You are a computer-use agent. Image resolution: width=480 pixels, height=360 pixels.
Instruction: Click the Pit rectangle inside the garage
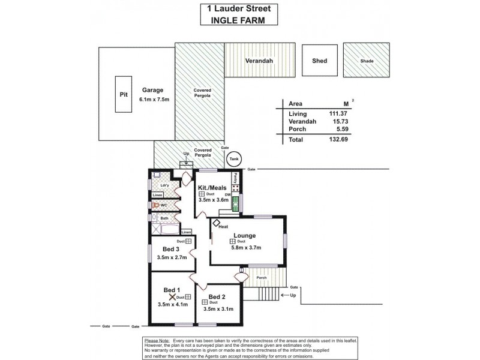(124, 94)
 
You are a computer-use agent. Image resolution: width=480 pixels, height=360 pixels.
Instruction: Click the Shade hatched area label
(366, 61)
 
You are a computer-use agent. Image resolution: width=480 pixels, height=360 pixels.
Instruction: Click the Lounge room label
(245, 235)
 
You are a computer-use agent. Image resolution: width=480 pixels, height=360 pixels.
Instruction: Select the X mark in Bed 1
(172, 296)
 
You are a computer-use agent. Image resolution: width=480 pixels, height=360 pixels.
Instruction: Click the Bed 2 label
(217, 297)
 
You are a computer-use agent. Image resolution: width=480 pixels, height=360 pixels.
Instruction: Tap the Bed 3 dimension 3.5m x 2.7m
(172, 257)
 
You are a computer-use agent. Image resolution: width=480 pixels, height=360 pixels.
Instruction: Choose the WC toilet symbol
(155, 205)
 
